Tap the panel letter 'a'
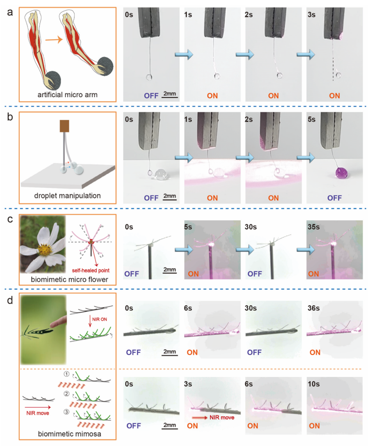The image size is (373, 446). tap(10, 12)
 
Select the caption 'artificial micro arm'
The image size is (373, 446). tap(68, 95)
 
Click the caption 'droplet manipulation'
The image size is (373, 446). tap(68, 196)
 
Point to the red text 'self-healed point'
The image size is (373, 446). tap(91, 270)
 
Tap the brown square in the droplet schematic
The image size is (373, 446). tap(64, 126)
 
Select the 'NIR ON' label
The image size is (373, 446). tap(100, 319)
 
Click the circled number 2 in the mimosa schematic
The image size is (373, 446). tap(66, 394)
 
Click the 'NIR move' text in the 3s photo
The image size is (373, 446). tap(222, 417)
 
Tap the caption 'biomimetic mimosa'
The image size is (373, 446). tap(70, 434)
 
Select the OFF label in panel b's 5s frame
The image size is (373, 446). tap(334, 198)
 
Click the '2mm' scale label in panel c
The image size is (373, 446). tap(170, 269)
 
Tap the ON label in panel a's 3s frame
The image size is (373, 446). tap(334, 95)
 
